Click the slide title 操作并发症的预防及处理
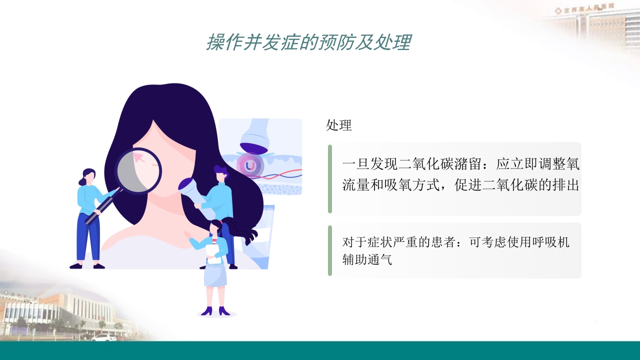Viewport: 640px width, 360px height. [308, 43]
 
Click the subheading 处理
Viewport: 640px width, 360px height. [339, 125]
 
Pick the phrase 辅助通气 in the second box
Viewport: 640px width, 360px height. [367, 259]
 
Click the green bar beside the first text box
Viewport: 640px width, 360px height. [330, 178]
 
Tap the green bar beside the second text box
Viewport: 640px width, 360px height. [330, 250]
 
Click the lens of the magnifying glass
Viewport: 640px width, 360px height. [138, 170]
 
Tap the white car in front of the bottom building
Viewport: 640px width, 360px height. [103, 337]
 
